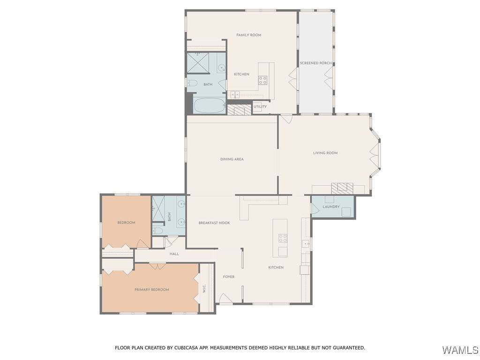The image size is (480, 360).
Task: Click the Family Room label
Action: click(248, 35)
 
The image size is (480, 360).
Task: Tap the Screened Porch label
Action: click(315, 63)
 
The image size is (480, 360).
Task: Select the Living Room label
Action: click(325, 153)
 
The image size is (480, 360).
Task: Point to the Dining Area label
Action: click(232, 159)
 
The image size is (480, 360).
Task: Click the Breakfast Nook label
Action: click(214, 223)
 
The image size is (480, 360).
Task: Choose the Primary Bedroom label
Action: click(151, 290)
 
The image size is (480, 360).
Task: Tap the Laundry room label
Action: click(331, 207)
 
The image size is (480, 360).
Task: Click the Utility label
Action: click(260, 106)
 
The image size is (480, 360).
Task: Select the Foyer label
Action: click(228, 277)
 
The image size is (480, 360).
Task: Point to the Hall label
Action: click(174, 254)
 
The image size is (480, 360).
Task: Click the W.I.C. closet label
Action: click(204, 289)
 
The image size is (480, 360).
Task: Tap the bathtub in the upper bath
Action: click(210, 105)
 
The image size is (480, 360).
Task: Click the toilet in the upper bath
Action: click(192, 83)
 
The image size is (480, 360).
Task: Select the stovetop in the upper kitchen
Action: click(262, 80)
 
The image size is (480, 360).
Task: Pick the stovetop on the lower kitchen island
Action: click(283, 238)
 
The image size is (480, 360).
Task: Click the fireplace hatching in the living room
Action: click(342, 188)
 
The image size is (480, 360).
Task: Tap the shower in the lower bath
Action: click(158, 209)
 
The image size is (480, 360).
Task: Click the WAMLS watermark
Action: click(460, 350)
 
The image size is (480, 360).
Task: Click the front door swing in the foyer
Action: click(225, 299)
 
